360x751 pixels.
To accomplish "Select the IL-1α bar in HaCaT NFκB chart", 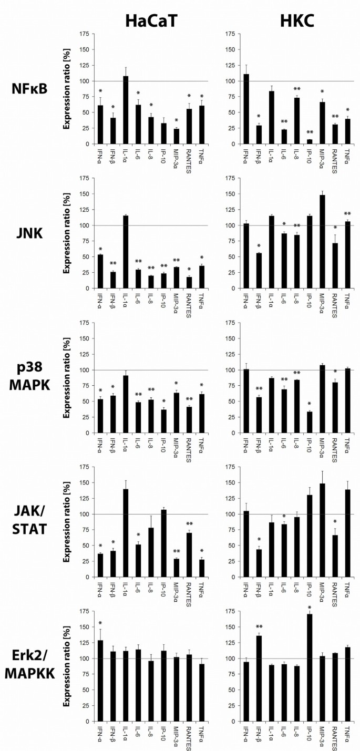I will (x=125, y=110).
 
